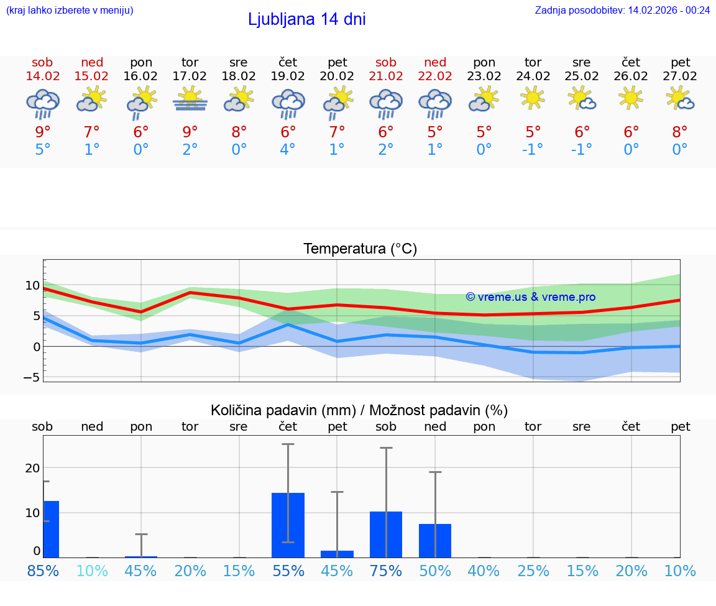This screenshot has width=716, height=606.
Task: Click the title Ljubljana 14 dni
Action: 306,19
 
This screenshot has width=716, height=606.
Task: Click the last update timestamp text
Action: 622,11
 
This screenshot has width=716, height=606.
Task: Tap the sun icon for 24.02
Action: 533,98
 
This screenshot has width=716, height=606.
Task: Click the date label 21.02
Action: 386,76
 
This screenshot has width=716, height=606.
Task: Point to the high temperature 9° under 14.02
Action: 43,132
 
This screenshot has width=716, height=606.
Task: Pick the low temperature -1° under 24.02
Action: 533,150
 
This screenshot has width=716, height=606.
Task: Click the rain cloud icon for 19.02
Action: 288,103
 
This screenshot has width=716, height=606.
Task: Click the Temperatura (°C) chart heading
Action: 360,249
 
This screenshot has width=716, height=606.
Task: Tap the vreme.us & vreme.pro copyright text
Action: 530,297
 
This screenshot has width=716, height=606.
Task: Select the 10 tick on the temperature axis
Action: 32,286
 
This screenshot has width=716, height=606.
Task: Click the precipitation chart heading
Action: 359,410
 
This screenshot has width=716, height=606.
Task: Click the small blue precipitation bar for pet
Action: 337,554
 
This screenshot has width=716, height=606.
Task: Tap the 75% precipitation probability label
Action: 386,571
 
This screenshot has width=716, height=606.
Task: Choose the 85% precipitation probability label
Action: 43,571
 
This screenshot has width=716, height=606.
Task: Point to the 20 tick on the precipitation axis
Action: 32,468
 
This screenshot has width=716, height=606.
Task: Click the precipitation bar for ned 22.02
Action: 435,541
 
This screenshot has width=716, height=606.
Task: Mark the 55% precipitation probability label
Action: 288,571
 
